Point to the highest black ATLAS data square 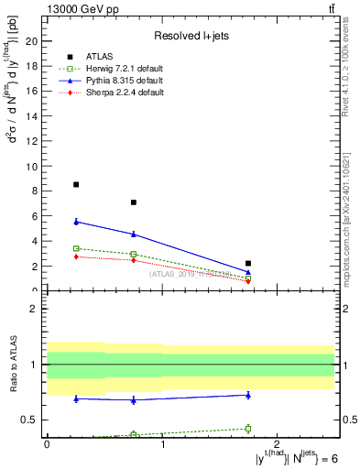pos(76,184)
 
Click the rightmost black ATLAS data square pos(248,263)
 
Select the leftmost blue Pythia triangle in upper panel pos(76,221)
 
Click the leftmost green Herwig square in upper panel pos(76,248)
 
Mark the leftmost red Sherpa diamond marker pos(76,256)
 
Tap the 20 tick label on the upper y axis pos(31,41)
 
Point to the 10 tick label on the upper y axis pos(31,166)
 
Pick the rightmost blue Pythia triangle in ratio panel pos(248,395)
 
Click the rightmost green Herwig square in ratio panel pos(248,428)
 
